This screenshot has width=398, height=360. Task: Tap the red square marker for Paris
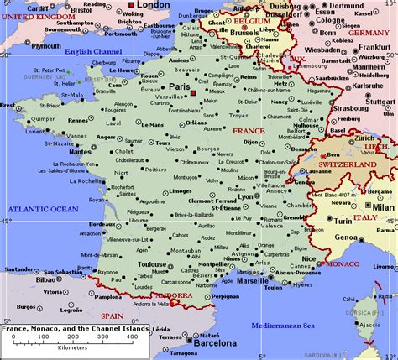[x=194, y=91]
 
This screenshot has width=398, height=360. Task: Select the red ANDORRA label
[x=174, y=295]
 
